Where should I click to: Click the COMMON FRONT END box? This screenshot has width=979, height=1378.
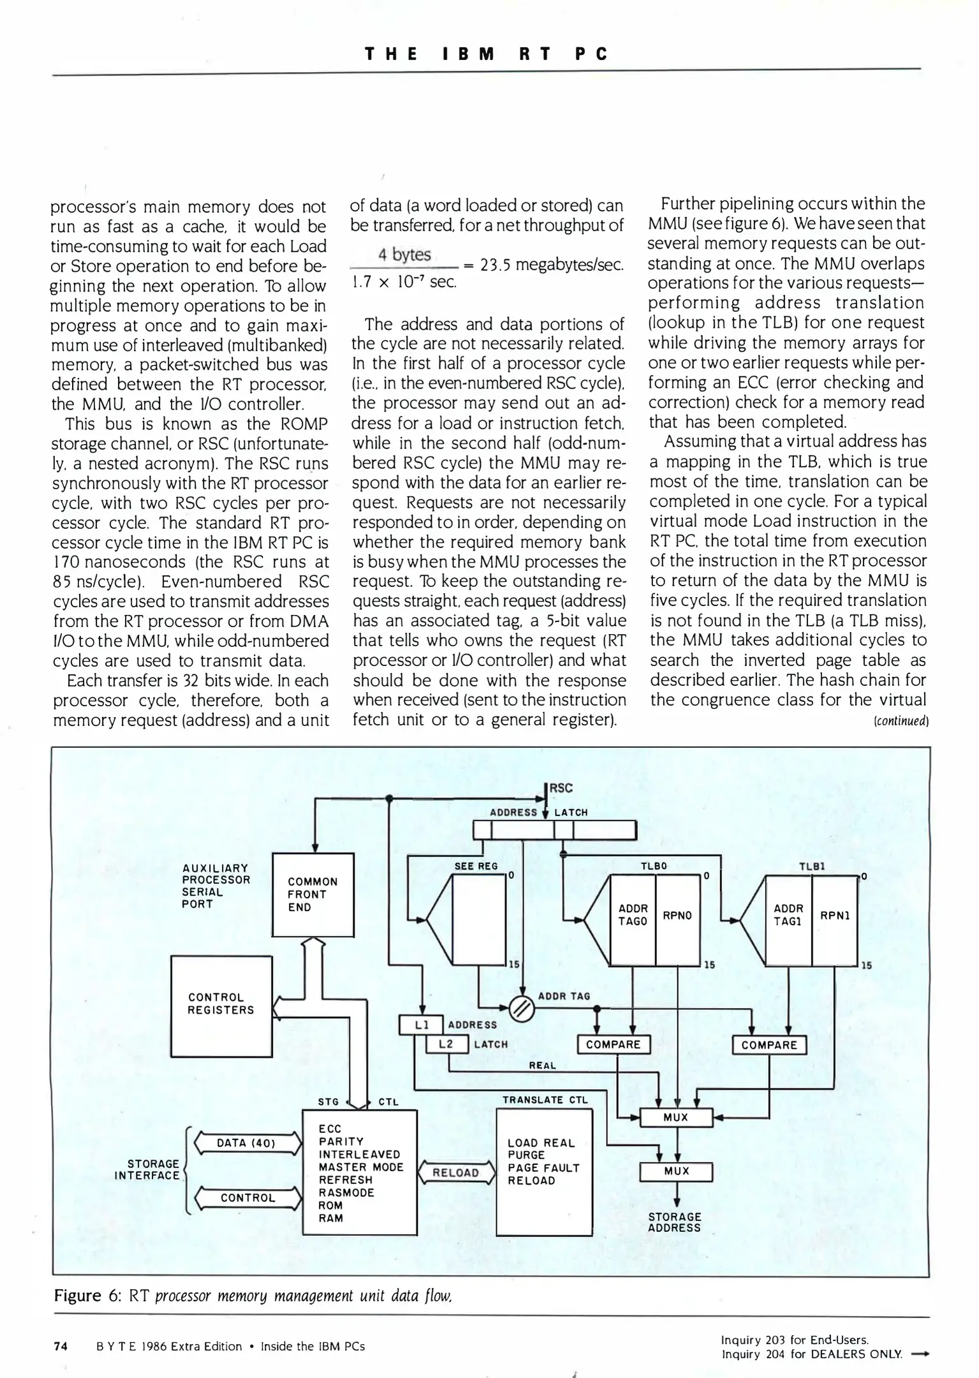(313, 894)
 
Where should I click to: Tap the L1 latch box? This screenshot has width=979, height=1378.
(420, 1025)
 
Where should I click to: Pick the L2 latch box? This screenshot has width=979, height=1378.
(446, 1044)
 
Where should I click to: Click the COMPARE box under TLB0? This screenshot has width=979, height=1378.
(613, 1044)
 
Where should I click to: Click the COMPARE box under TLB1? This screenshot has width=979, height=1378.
(769, 1045)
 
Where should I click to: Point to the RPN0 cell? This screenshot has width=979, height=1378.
(677, 915)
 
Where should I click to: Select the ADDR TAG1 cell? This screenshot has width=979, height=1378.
(788, 915)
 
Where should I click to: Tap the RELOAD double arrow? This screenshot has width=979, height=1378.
(455, 1173)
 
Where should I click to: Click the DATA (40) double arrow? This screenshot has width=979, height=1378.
(246, 1143)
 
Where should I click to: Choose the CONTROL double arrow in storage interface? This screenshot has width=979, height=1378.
(247, 1198)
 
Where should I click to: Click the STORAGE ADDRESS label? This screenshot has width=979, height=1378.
(674, 1222)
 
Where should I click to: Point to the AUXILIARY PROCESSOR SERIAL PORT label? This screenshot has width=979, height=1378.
(216, 886)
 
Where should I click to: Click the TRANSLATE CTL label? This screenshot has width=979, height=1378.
(545, 1100)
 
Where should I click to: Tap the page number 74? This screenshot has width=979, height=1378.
(61, 1346)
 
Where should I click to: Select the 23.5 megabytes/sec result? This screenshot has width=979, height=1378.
(551, 264)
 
